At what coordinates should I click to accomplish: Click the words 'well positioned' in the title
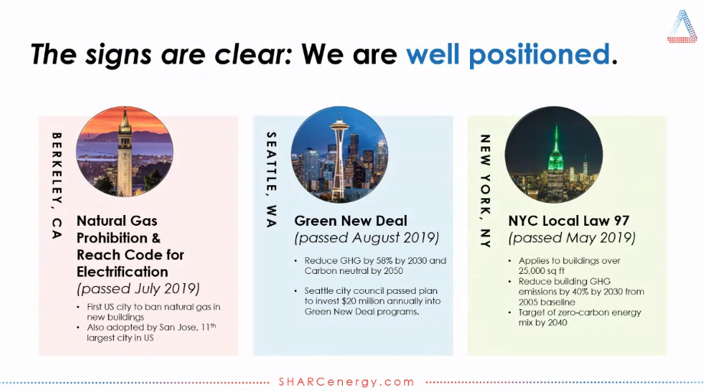tap(508, 54)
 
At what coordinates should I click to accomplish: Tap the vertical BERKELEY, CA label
tap(57, 185)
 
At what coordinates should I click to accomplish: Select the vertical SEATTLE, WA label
tap(271, 179)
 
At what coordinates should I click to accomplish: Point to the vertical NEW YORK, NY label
tap(485, 191)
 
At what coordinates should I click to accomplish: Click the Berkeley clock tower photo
tap(125, 152)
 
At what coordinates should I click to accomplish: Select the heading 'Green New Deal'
tap(351, 220)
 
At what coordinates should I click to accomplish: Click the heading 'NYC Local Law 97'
tap(569, 220)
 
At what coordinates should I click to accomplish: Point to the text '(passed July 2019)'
tap(138, 288)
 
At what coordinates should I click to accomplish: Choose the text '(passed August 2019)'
tap(367, 238)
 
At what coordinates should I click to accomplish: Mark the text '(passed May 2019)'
tap(572, 238)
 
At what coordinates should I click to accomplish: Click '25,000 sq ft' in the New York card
tap(541, 271)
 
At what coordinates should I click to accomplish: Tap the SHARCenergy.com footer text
tap(346, 382)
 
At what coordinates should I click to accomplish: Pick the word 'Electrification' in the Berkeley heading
tap(122, 272)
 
